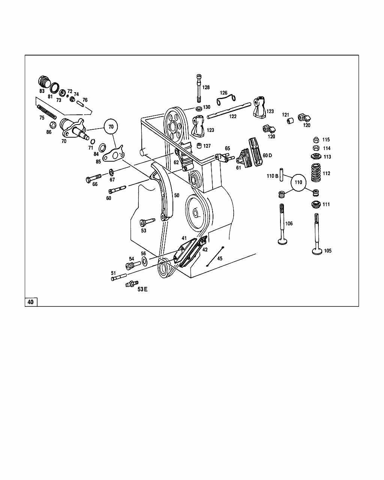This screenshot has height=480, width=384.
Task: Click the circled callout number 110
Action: [298, 183]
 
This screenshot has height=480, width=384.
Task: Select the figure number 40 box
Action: [31, 302]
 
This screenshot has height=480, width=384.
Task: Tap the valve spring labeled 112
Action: [316, 172]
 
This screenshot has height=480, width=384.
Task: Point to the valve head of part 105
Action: [317, 251]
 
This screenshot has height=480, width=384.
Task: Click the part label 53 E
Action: [142, 289]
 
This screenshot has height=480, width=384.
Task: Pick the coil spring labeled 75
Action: [46, 112]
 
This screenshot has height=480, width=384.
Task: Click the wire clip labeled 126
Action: [226, 100]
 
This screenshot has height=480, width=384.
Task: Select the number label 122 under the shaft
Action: [233, 116]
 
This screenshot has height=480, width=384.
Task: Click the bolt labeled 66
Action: [93, 178]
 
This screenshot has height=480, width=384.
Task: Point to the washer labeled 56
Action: [144, 260]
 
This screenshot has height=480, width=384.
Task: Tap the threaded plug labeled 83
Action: [44, 82]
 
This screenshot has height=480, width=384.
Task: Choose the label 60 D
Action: [267, 155]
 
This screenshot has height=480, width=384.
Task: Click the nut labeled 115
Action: [316, 140]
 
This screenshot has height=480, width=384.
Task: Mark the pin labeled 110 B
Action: [281, 174]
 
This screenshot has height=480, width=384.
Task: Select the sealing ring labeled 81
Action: [54, 88]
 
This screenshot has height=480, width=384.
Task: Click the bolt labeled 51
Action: [118, 277]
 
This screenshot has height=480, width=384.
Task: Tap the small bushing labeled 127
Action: [199, 145]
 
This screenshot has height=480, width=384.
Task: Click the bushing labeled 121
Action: [290, 121]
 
